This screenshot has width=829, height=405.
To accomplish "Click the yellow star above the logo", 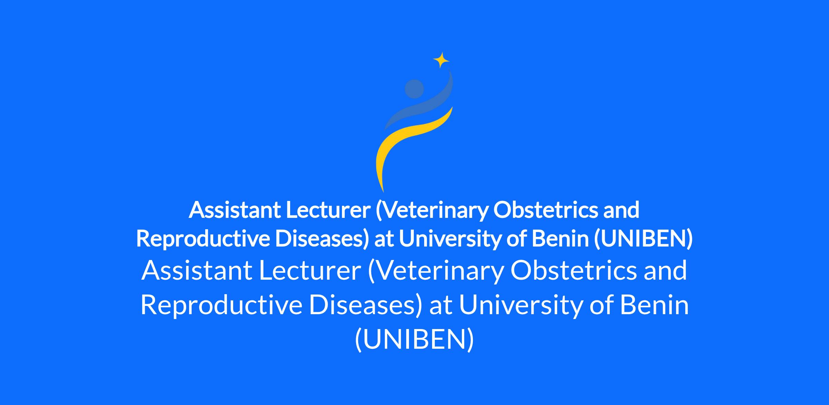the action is [x=441, y=60].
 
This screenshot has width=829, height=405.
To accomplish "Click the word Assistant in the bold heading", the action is [x=235, y=210].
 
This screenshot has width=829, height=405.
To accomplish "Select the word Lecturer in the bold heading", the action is [x=328, y=210].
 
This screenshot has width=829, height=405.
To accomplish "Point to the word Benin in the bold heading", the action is [x=560, y=239].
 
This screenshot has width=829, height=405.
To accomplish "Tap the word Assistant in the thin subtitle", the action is [x=197, y=271].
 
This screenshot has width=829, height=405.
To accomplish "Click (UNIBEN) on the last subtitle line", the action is [x=414, y=340].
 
